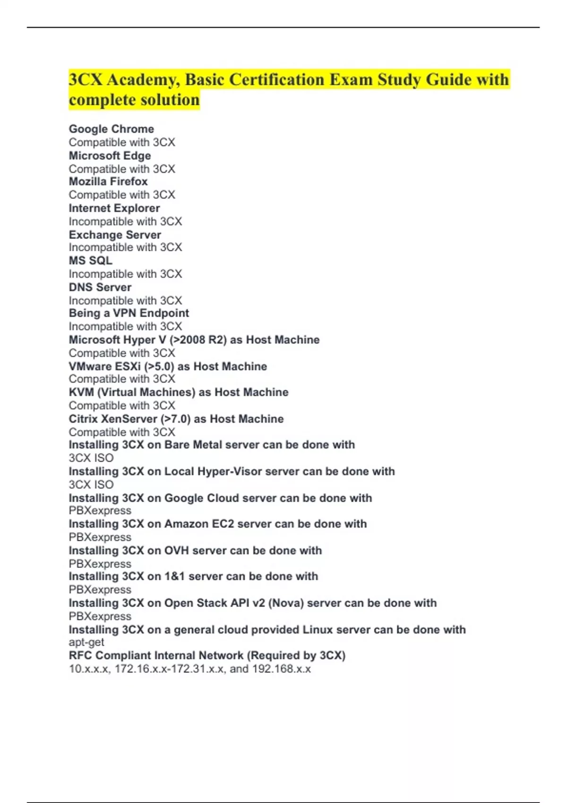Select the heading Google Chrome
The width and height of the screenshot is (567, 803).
[x=112, y=129]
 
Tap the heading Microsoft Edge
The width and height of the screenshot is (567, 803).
[x=110, y=155]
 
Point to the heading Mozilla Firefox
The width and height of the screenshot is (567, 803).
[x=108, y=181]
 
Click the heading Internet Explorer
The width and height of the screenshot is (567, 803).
[x=114, y=208]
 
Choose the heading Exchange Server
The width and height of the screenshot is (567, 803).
[x=115, y=235]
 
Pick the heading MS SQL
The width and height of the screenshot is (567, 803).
[x=91, y=260]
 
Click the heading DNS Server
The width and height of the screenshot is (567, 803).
[x=100, y=287]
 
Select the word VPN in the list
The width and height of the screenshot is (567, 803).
[x=125, y=313]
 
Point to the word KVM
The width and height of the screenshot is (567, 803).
[x=81, y=392]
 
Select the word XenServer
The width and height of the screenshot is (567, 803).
[x=130, y=419]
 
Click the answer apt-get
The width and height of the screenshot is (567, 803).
[x=86, y=642]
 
